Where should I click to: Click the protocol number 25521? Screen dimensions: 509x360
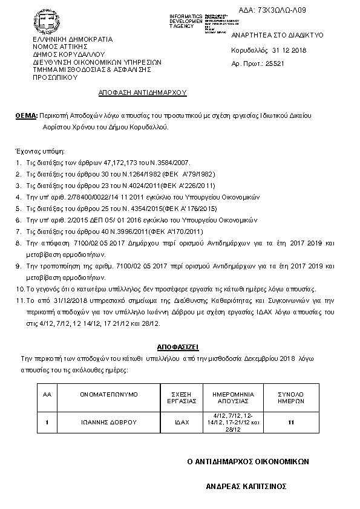tap(263, 62)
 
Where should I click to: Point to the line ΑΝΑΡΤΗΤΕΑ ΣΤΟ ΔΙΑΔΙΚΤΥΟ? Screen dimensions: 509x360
tap(269, 35)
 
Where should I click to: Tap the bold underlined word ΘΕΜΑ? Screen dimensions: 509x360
tap(26, 115)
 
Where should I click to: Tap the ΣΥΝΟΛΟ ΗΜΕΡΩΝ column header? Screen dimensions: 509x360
tap(290, 397)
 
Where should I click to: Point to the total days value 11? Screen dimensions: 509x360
tap(290, 421)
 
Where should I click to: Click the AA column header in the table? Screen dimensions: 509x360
tap(47, 394)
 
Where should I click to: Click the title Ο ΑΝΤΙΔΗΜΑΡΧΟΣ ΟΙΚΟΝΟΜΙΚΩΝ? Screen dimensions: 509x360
tap(248, 461)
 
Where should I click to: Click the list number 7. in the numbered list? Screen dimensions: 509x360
tap(19, 232)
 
